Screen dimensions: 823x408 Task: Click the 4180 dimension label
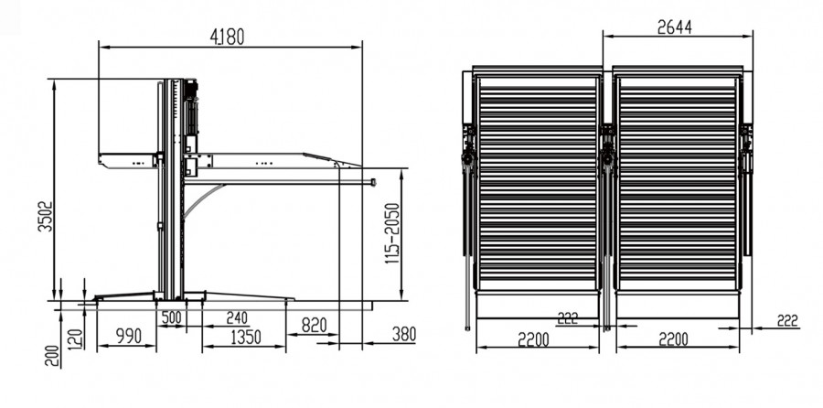(x=228, y=37)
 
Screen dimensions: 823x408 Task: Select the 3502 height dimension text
(x=48, y=216)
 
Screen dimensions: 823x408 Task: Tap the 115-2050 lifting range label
(x=392, y=232)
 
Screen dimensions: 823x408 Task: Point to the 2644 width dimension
(x=675, y=27)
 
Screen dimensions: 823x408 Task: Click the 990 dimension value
(x=127, y=336)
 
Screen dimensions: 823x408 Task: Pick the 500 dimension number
(x=172, y=317)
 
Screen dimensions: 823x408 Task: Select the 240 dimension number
(x=236, y=317)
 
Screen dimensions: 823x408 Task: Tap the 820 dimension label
(x=315, y=325)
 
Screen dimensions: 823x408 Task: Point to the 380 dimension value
(x=404, y=333)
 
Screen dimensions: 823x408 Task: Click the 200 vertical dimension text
(x=52, y=356)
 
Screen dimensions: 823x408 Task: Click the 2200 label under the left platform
(x=533, y=339)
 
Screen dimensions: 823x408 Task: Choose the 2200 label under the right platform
(x=673, y=339)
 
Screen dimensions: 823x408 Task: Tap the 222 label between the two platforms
(x=567, y=317)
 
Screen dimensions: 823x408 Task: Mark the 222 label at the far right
(x=787, y=320)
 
